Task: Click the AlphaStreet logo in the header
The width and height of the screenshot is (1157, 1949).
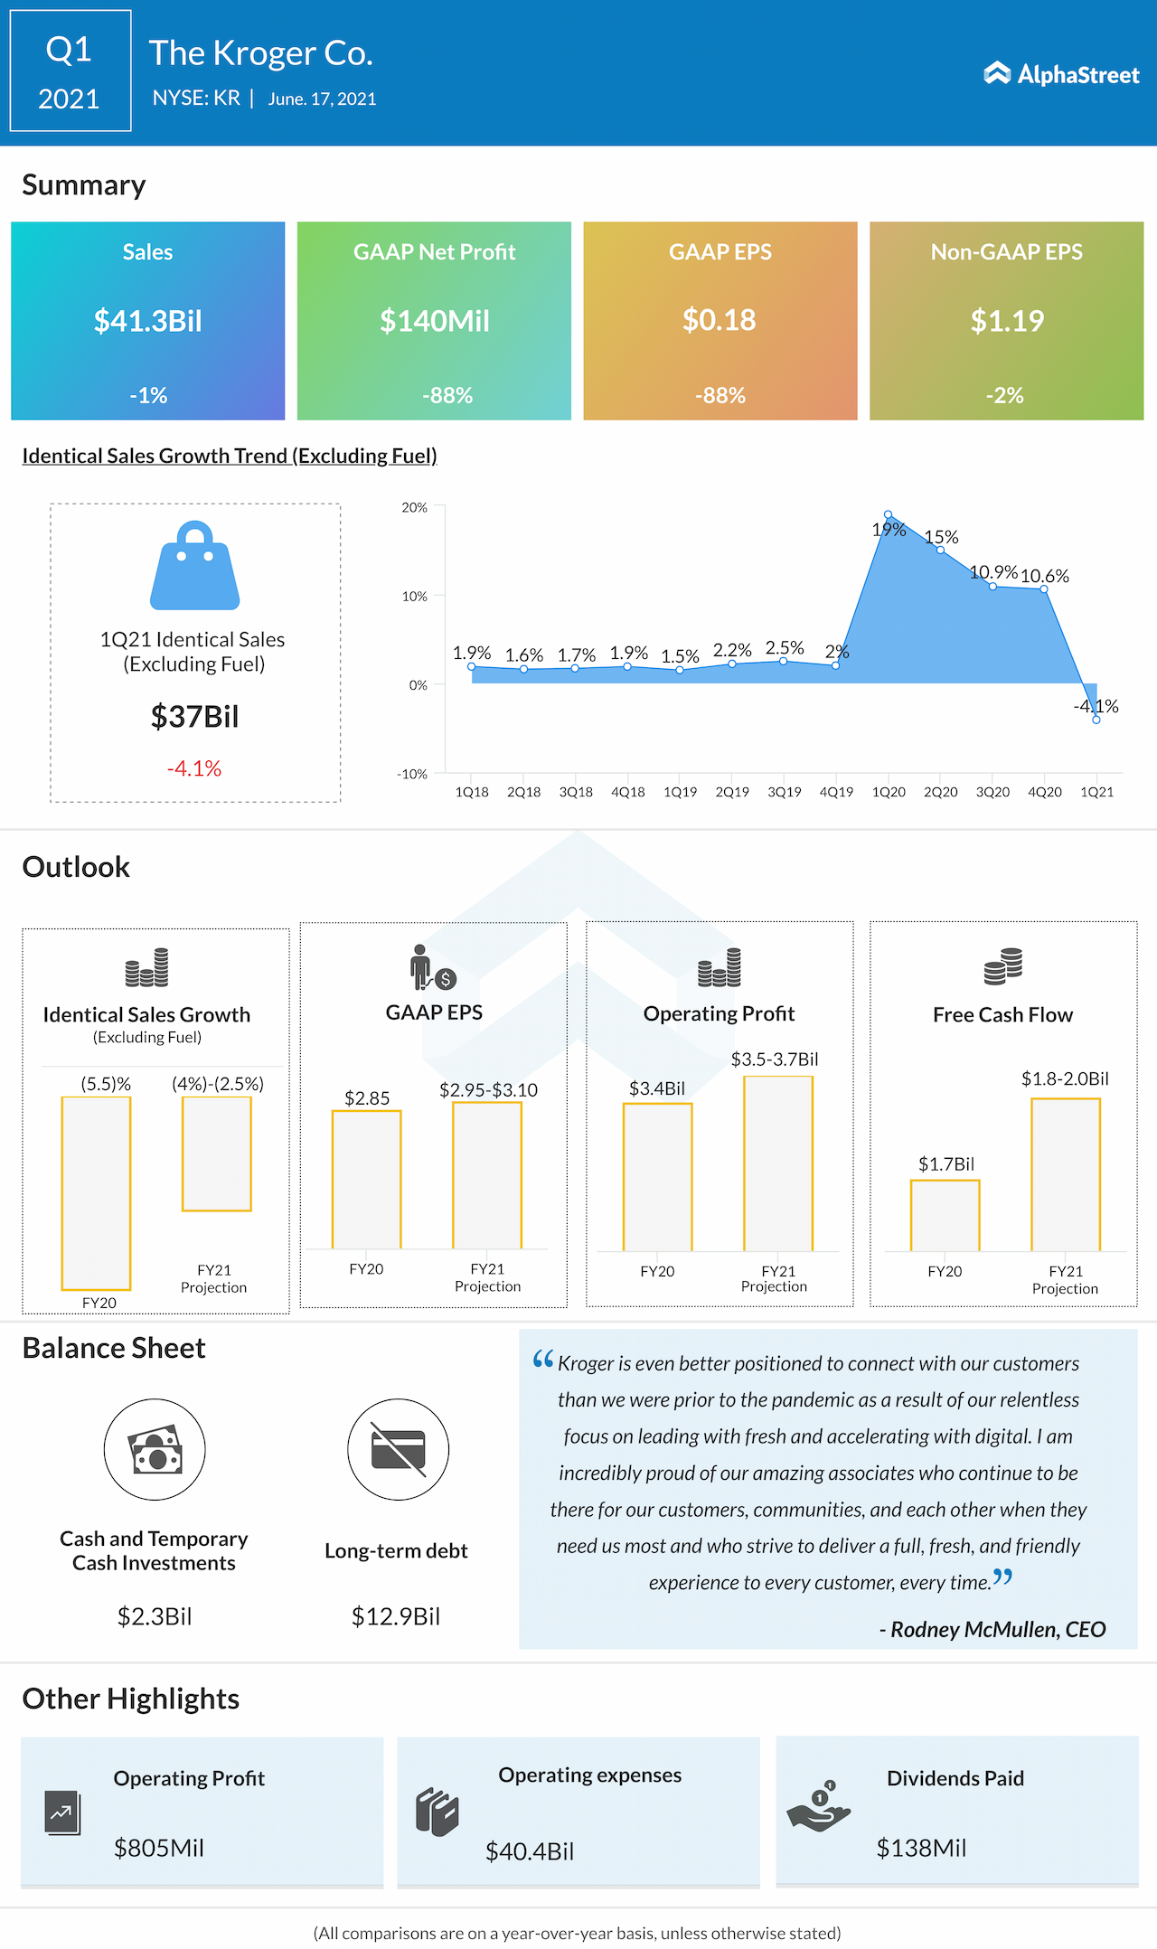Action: pos(1061,74)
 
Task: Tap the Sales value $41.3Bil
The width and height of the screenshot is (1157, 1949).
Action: pos(148,321)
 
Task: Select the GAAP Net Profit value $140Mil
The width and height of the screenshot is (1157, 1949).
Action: pos(434,321)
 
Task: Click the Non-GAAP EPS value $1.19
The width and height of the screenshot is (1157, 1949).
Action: pos(1007,321)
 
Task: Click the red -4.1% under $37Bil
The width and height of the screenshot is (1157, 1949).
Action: pos(194,768)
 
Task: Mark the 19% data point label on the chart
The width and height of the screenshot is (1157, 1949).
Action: pos(889,530)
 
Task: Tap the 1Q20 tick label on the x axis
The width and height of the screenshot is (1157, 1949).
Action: pos(889,792)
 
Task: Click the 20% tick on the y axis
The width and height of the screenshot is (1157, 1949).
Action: pos(415,508)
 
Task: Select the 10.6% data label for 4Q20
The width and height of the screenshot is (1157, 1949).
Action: pos(1045,576)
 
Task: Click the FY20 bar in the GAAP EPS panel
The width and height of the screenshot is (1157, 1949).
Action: pos(366,1179)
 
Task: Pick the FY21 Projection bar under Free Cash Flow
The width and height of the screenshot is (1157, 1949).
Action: pos(1066,1174)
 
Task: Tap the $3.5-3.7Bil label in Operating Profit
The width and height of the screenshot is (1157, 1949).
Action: pos(775,1059)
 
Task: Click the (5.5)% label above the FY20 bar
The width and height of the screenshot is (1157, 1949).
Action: pos(106,1084)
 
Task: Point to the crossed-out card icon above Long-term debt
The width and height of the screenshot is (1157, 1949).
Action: pos(398,1449)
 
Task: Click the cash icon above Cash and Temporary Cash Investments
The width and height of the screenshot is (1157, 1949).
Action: pos(155,1449)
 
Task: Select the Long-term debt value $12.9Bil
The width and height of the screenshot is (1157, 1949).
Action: pos(396,1616)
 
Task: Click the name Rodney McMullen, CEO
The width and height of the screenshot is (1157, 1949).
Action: pos(998,1629)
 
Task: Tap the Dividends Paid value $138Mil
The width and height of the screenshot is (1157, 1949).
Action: pos(921,1848)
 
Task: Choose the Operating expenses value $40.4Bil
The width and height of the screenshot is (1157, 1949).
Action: pos(530,1851)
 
